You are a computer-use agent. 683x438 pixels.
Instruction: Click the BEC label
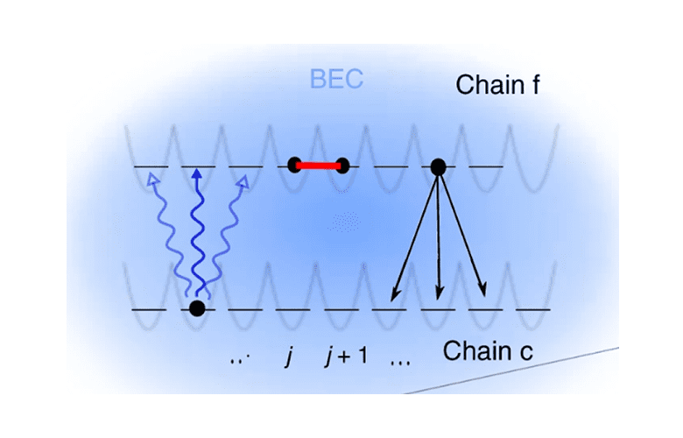pyautogui.click(x=336, y=81)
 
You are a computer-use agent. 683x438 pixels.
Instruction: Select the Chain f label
pyautogui.click(x=502, y=85)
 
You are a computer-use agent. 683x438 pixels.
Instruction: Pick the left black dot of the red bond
pyautogui.click(x=295, y=164)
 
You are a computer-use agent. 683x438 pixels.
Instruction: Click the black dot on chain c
pyautogui.click(x=197, y=307)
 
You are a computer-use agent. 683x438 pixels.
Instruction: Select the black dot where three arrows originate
pyautogui.click(x=438, y=165)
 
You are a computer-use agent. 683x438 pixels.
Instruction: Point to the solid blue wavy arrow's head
pyautogui.click(x=197, y=174)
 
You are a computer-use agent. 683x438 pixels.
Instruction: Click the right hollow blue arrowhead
pyautogui.click(x=243, y=180)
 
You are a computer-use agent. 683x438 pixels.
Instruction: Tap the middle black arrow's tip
pyautogui.click(x=439, y=297)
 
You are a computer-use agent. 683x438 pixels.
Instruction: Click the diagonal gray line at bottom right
pyautogui.click(x=517, y=369)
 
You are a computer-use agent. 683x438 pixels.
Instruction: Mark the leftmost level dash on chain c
pyautogui.click(x=149, y=309)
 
